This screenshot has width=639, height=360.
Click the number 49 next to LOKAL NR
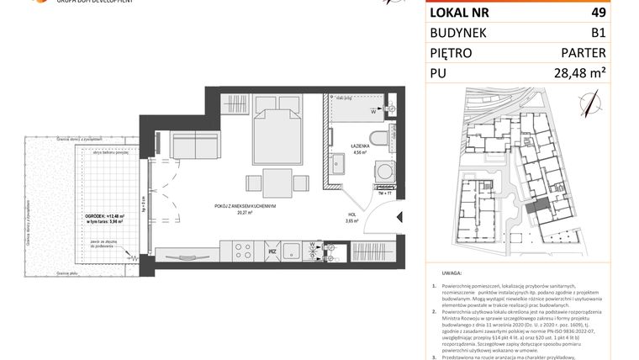point(599,13)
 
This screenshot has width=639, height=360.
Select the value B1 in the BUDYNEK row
point(598,33)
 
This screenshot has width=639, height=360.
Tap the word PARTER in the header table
point(582,53)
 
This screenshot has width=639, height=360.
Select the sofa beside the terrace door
point(195,147)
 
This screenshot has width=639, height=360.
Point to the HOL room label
point(353,216)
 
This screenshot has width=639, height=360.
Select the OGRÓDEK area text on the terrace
point(103,216)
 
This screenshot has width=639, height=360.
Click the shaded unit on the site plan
point(534,205)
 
